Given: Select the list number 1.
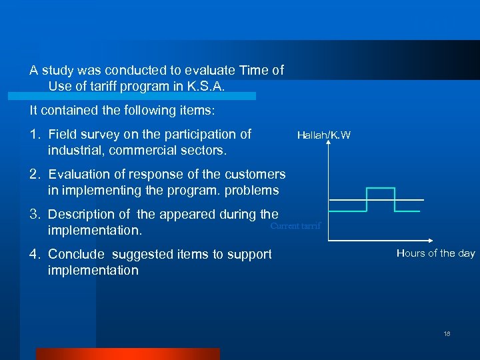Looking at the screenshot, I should point(36,135).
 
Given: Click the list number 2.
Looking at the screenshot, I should point(36,175).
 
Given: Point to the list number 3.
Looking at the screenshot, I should point(36,215).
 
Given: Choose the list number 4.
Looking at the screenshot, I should point(36,255).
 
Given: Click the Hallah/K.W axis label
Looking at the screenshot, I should point(323,135).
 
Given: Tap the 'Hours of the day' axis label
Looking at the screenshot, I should point(435,253).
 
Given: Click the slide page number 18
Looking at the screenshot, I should point(447,333).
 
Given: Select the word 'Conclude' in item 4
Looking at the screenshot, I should point(76,255).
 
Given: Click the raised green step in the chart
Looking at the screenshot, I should point(381,189).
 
